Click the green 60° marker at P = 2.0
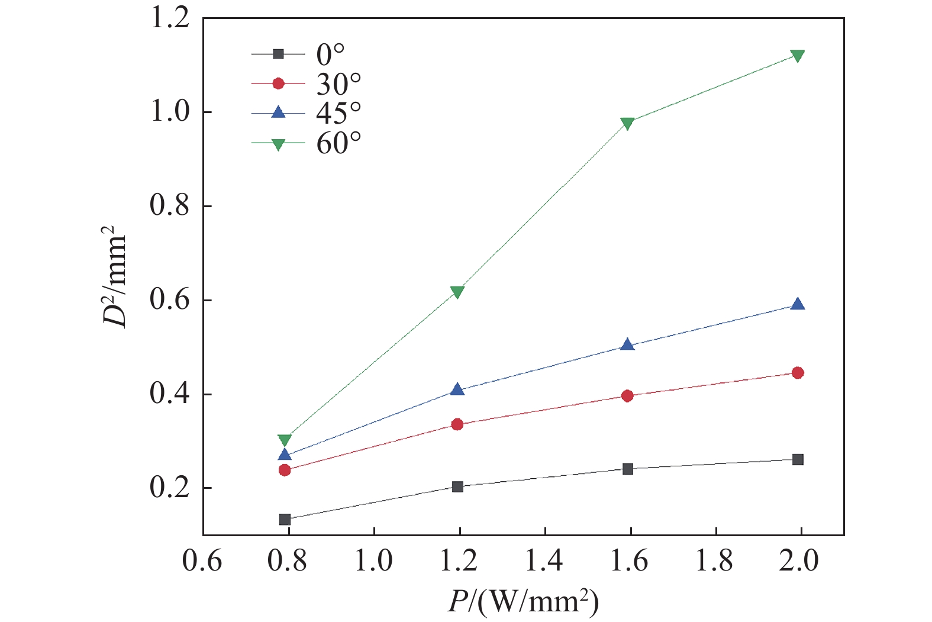pos(798,56)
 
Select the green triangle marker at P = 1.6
pos(628,123)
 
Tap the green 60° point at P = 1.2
pos(457,292)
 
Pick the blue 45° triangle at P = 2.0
pos(798,305)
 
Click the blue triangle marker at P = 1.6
pos(628,345)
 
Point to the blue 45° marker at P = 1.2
pos(457,389)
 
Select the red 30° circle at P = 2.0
pos(798,373)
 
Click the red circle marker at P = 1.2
pos(457,424)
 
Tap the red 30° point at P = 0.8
pos(285,470)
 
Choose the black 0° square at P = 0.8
pos(285,519)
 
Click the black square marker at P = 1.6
pos(628,469)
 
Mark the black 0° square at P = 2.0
pos(798,460)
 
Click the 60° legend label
pos(338,143)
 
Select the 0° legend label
pos(331,55)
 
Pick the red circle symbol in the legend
pos(278,83)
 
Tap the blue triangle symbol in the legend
pos(278,112)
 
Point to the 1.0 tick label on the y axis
pos(169,112)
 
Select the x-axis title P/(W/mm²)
pos(523,602)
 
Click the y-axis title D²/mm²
pos(115,275)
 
